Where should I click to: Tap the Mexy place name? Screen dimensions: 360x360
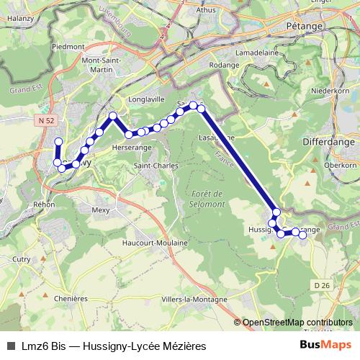100,210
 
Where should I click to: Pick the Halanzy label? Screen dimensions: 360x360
21,18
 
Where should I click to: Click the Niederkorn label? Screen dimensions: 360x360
330,91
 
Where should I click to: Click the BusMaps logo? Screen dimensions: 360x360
325,345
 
